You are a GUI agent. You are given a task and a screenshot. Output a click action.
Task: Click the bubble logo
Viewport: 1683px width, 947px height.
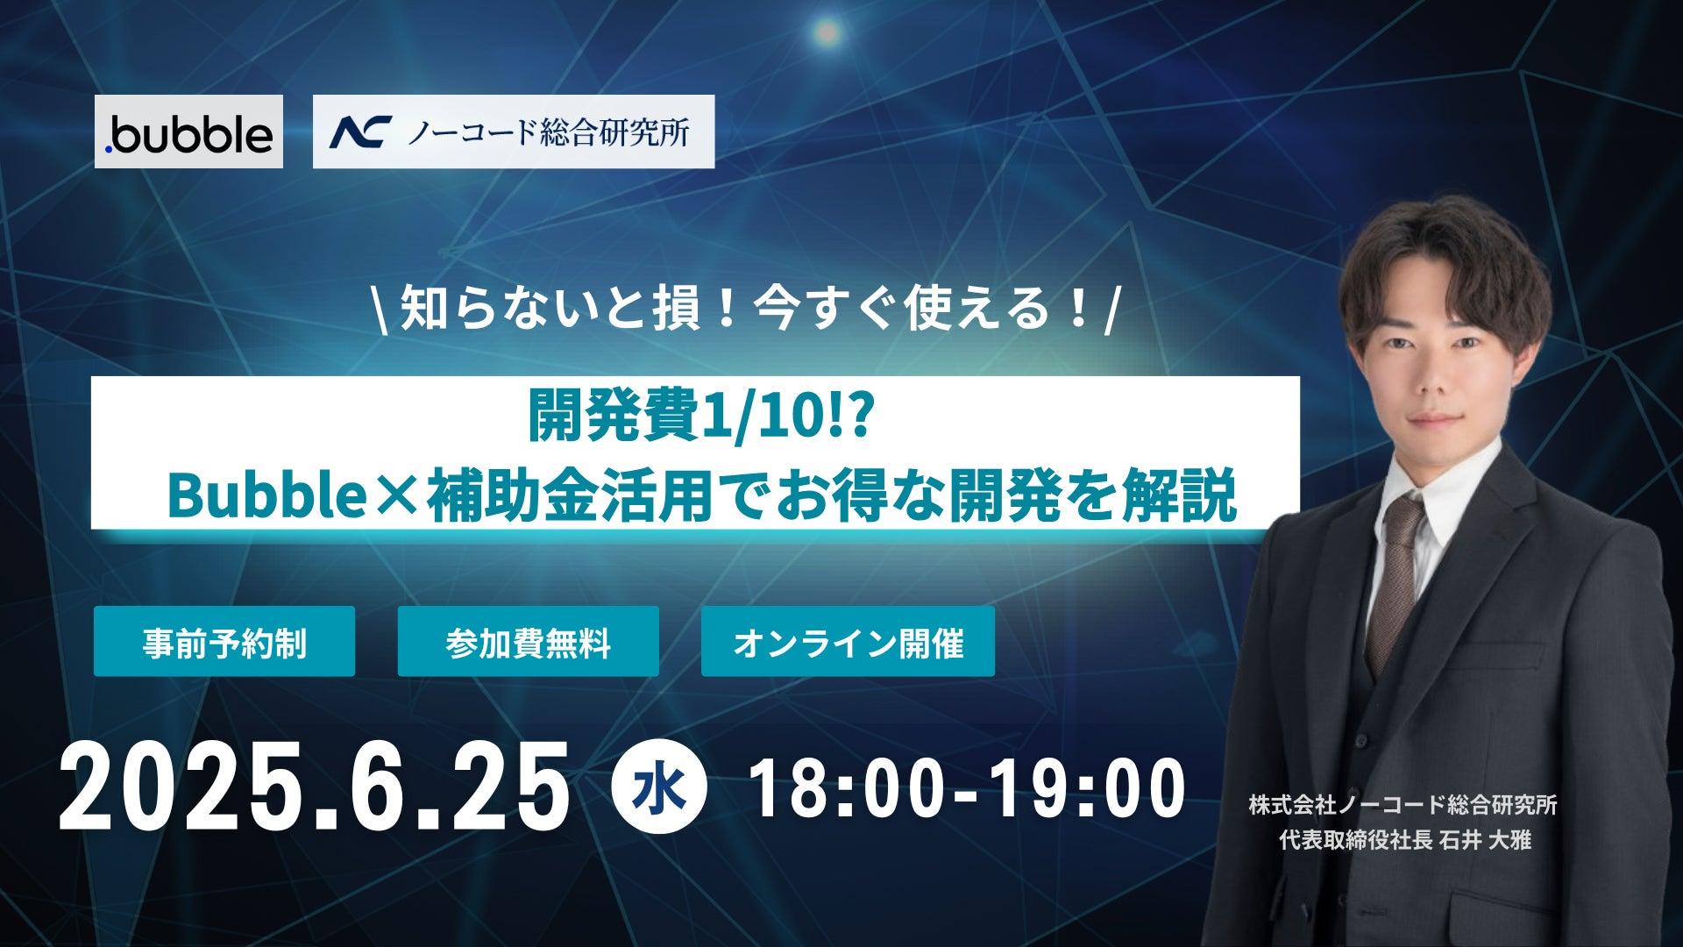188,132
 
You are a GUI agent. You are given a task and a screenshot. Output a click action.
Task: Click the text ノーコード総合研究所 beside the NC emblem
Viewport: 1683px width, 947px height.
546,132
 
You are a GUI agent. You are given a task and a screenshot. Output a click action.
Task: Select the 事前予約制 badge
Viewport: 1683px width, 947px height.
224,641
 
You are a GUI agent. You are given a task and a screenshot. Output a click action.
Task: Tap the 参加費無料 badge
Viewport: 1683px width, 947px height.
529,641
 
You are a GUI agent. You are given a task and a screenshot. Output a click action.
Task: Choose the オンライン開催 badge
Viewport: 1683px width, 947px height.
848,641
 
